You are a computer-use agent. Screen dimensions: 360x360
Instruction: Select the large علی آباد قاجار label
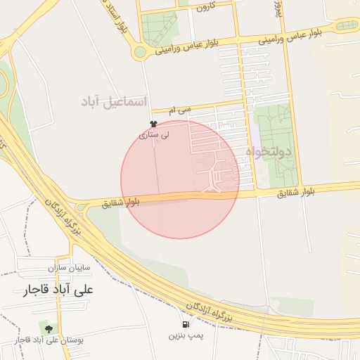coord(59,289)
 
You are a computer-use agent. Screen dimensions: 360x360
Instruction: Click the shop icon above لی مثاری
coord(153,123)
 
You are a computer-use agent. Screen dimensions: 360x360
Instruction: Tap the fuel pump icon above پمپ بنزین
coord(186,325)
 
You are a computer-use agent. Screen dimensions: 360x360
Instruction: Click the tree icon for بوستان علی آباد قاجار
coord(49,328)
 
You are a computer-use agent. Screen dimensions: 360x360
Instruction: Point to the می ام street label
coord(181,110)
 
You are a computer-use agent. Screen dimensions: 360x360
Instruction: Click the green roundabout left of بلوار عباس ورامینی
coord(140,51)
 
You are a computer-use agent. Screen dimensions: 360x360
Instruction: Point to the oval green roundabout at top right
coord(345,25)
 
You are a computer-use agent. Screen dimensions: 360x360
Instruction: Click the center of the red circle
coord(180,179)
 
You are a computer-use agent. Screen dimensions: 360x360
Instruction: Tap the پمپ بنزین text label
coord(185,336)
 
